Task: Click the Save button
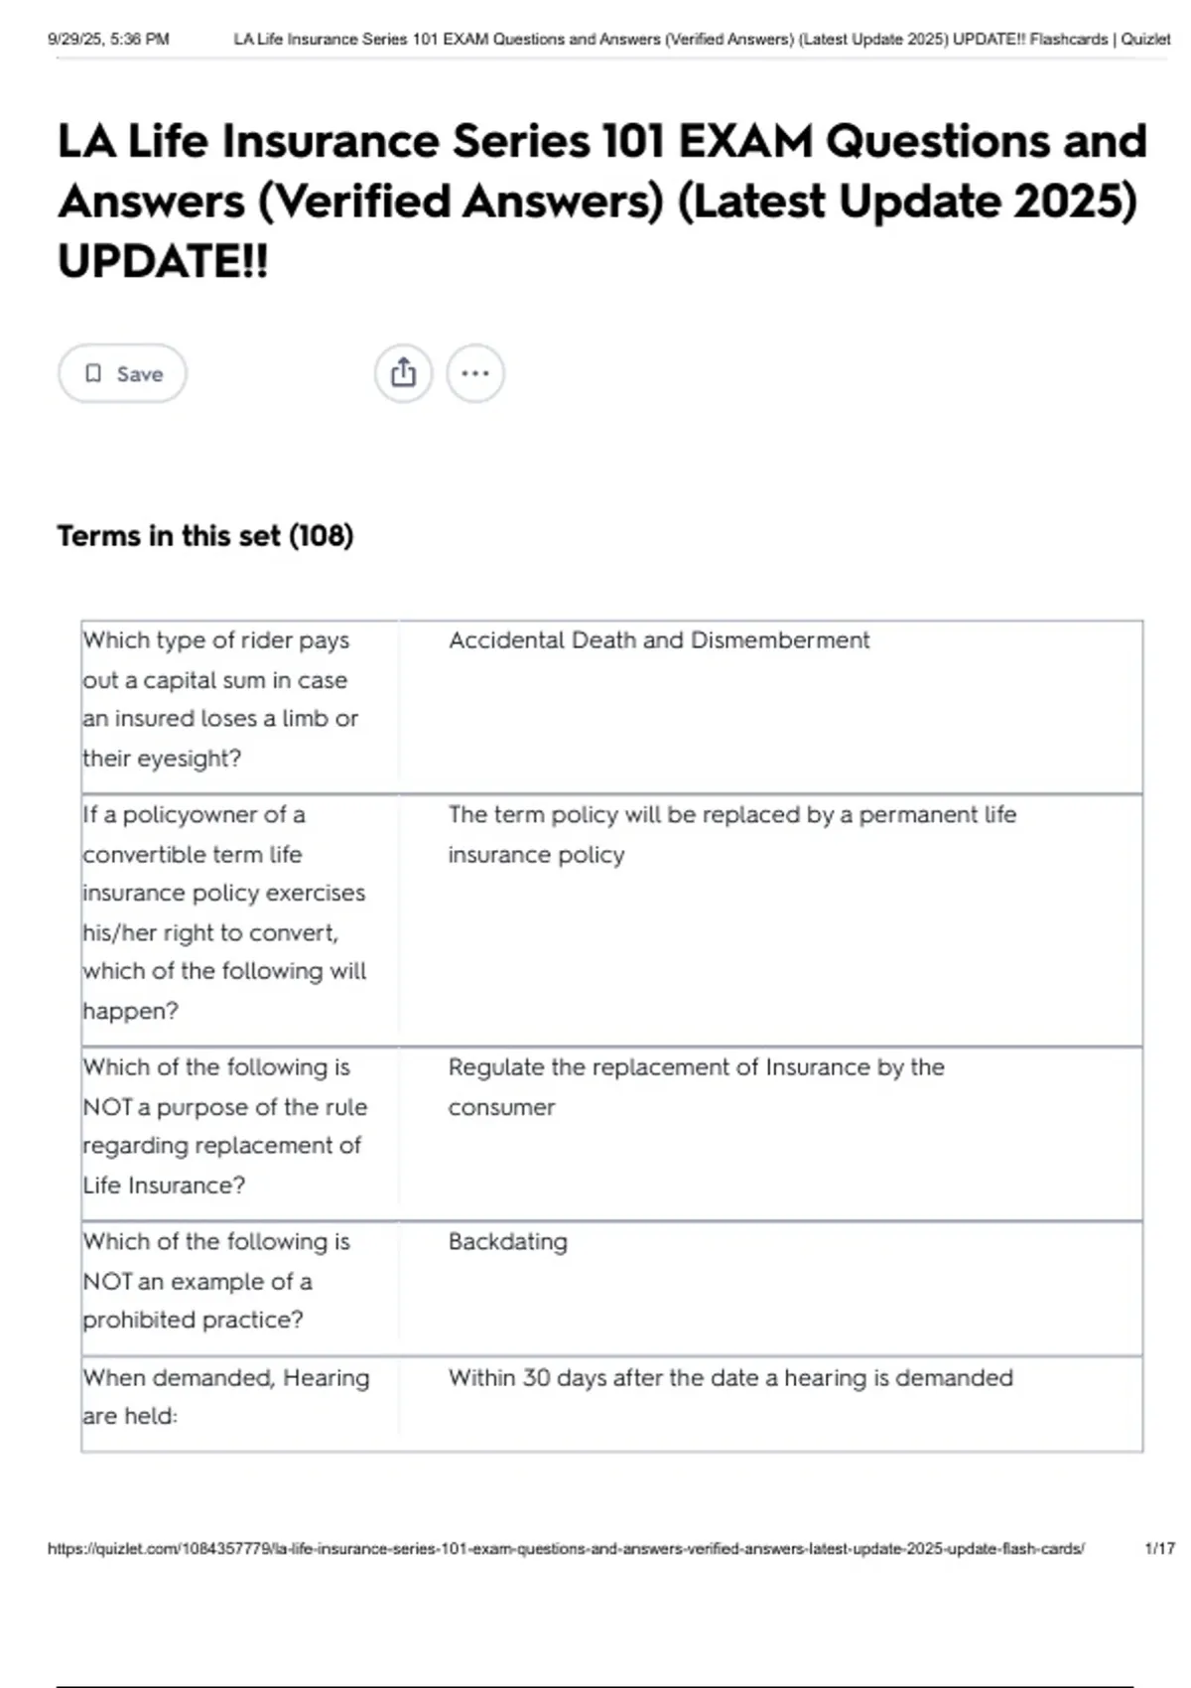click(122, 373)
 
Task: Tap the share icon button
click(403, 373)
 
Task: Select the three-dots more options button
click(475, 373)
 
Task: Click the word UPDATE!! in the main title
click(163, 262)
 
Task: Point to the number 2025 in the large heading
click(1075, 202)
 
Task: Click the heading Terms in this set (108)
click(205, 536)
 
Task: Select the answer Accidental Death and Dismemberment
click(658, 640)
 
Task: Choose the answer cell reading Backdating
click(507, 1242)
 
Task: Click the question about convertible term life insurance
click(224, 913)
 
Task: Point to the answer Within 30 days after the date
click(730, 1378)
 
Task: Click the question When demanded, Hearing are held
click(225, 1396)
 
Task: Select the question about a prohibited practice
click(216, 1281)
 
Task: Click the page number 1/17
click(1159, 1548)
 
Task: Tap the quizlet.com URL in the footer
click(566, 1548)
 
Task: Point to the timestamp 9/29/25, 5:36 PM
click(108, 40)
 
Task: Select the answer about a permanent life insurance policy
click(731, 834)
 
